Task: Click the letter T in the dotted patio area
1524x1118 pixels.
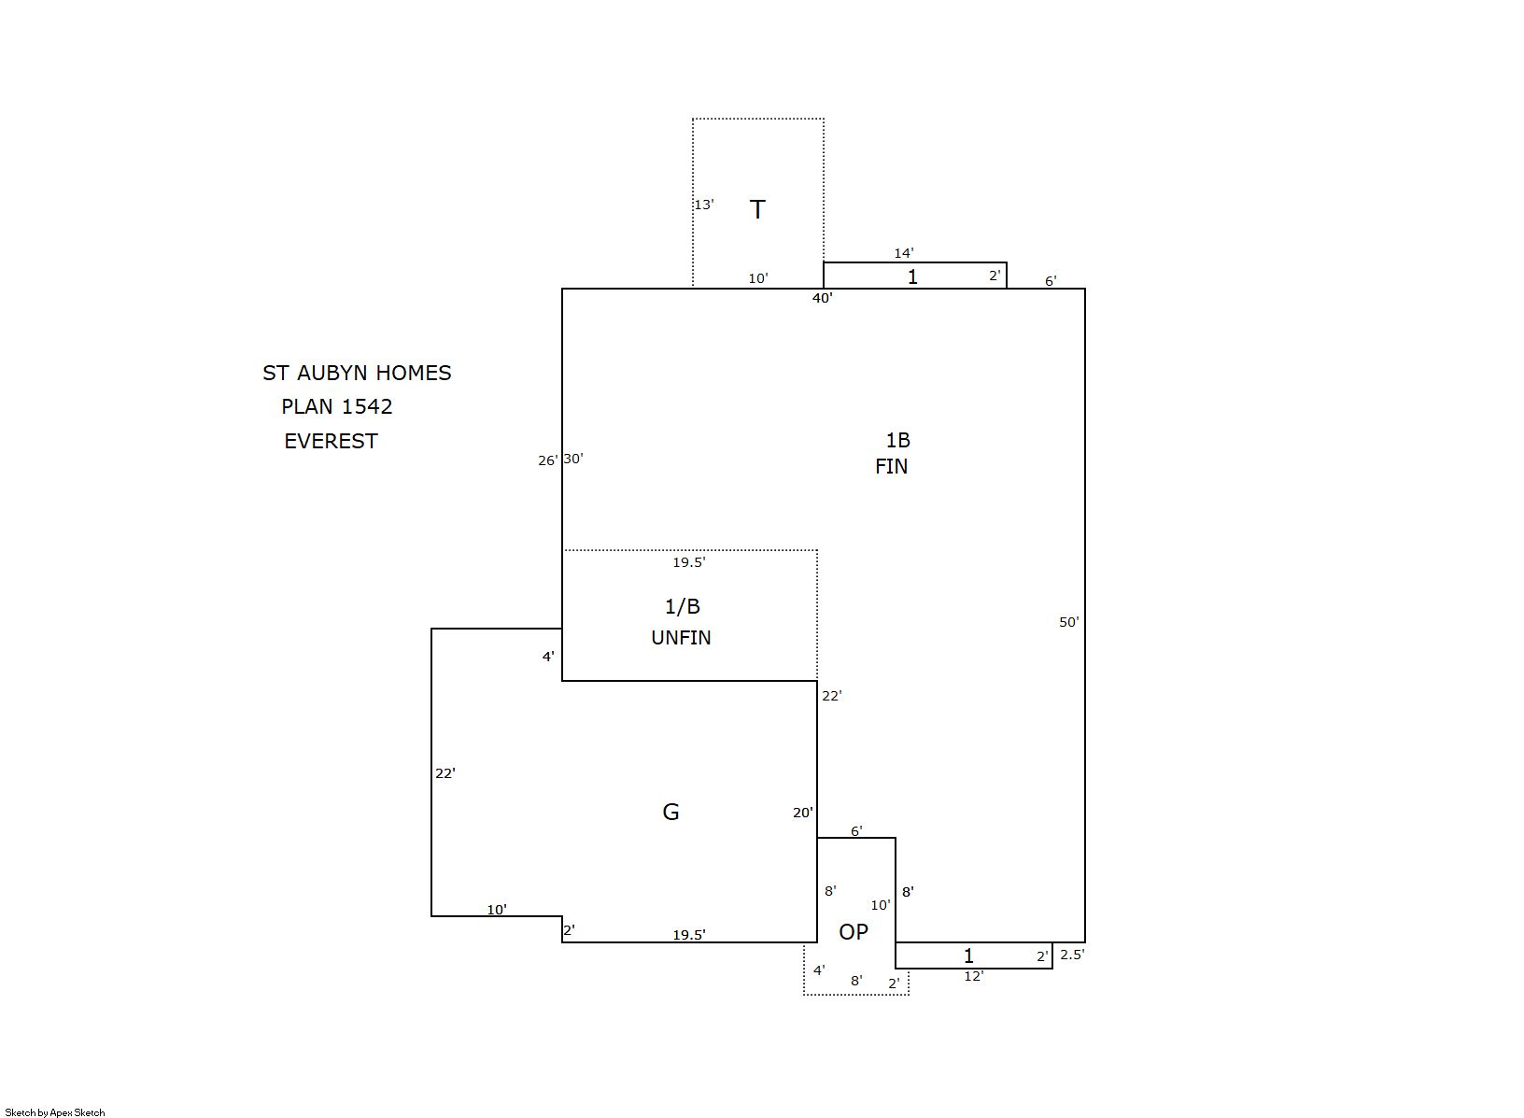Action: [x=757, y=209]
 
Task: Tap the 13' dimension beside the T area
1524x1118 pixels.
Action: [x=704, y=205]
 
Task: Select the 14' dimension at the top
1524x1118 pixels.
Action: [x=904, y=253]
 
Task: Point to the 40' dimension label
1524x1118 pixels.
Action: [x=823, y=298]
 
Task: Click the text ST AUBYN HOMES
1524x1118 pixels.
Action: [x=357, y=373]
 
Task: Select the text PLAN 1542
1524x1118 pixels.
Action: [x=337, y=407]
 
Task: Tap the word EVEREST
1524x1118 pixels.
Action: [x=331, y=441]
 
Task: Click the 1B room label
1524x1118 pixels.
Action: [x=898, y=440]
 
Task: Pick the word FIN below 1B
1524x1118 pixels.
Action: [x=891, y=467]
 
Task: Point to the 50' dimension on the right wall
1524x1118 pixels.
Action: [x=1069, y=622]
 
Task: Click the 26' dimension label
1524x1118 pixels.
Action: [x=547, y=460]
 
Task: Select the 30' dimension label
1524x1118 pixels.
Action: [x=573, y=459]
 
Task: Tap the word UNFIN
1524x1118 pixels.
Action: [x=681, y=638]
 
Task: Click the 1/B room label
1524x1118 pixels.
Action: [x=683, y=606]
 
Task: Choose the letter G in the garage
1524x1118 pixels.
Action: [x=670, y=812]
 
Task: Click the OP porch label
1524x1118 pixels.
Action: [x=854, y=932]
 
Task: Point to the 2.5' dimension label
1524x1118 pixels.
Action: [x=1072, y=955]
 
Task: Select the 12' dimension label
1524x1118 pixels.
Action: [x=974, y=976]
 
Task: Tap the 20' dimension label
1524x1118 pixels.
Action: [x=803, y=813]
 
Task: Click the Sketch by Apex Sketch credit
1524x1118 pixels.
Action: [x=55, y=1112]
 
